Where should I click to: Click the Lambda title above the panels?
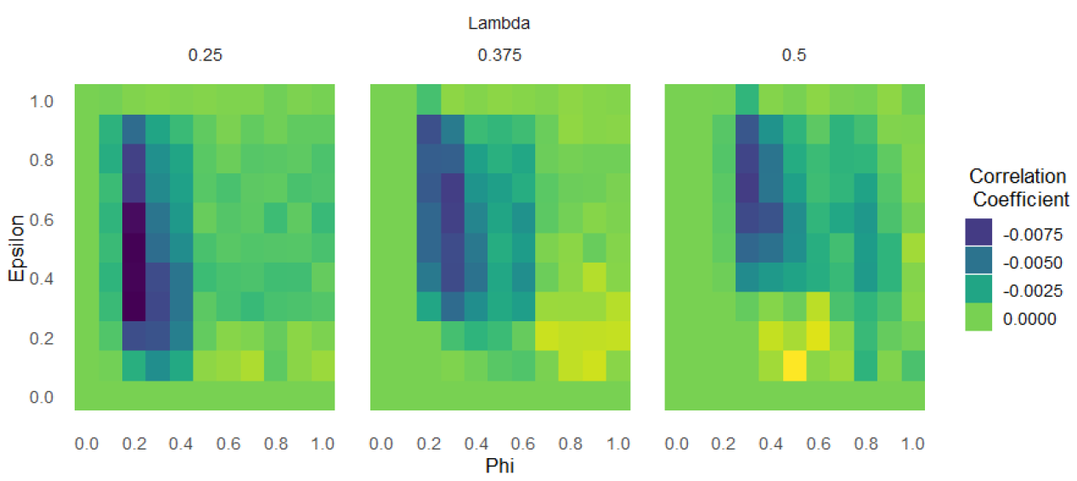click(499, 24)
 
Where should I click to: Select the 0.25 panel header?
click(204, 56)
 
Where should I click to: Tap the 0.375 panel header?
click(499, 56)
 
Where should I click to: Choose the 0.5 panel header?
click(794, 56)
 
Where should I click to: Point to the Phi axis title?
click(499, 467)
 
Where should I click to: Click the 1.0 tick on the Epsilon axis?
click(42, 101)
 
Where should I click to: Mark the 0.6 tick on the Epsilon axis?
click(42, 219)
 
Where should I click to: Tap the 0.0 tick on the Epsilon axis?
click(42, 397)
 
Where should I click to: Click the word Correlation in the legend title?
click(1018, 177)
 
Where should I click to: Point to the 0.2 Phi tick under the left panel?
click(133, 444)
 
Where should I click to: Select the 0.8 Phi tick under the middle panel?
click(570, 444)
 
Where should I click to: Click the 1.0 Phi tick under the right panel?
click(913, 444)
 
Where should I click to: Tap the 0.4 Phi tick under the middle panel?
click(476, 444)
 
